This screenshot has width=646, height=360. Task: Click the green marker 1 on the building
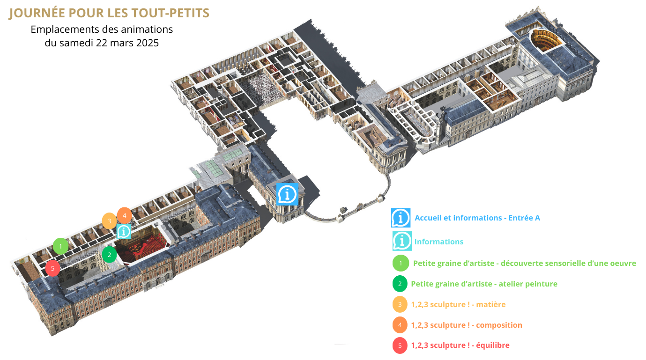pyautogui.click(x=60, y=245)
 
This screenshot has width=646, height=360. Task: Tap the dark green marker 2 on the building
pyautogui.click(x=110, y=255)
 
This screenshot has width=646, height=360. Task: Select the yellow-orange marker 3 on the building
pyautogui.click(x=109, y=220)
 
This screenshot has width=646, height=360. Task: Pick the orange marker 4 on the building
pyautogui.click(x=124, y=215)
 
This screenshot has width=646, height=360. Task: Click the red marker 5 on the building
pyautogui.click(x=52, y=268)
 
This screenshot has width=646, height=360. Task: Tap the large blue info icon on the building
pyautogui.click(x=287, y=194)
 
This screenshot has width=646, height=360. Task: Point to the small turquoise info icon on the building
pyautogui.click(x=124, y=231)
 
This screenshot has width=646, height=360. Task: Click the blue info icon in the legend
pyautogui.click(x=401, y=218)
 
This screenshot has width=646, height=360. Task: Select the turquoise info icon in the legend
pyautogui.click(x=402, y=241)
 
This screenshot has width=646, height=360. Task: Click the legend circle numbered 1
pyautogui.click(x=400, y=263)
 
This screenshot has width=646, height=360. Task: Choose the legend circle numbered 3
pyautogui.click(x=400, y=304)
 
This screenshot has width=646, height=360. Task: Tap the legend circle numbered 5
pyautogui.click(x=400, y=345)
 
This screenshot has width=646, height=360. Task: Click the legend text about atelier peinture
pyautogui.click(x=484, y=284)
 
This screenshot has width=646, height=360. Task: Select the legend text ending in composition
pyautogui.click(x=467, y=325)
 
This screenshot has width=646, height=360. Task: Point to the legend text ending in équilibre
pyautogui.click(x=460, y=345)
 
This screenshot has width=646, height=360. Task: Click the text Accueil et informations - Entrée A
pyautogui.click(x=477, y=218)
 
